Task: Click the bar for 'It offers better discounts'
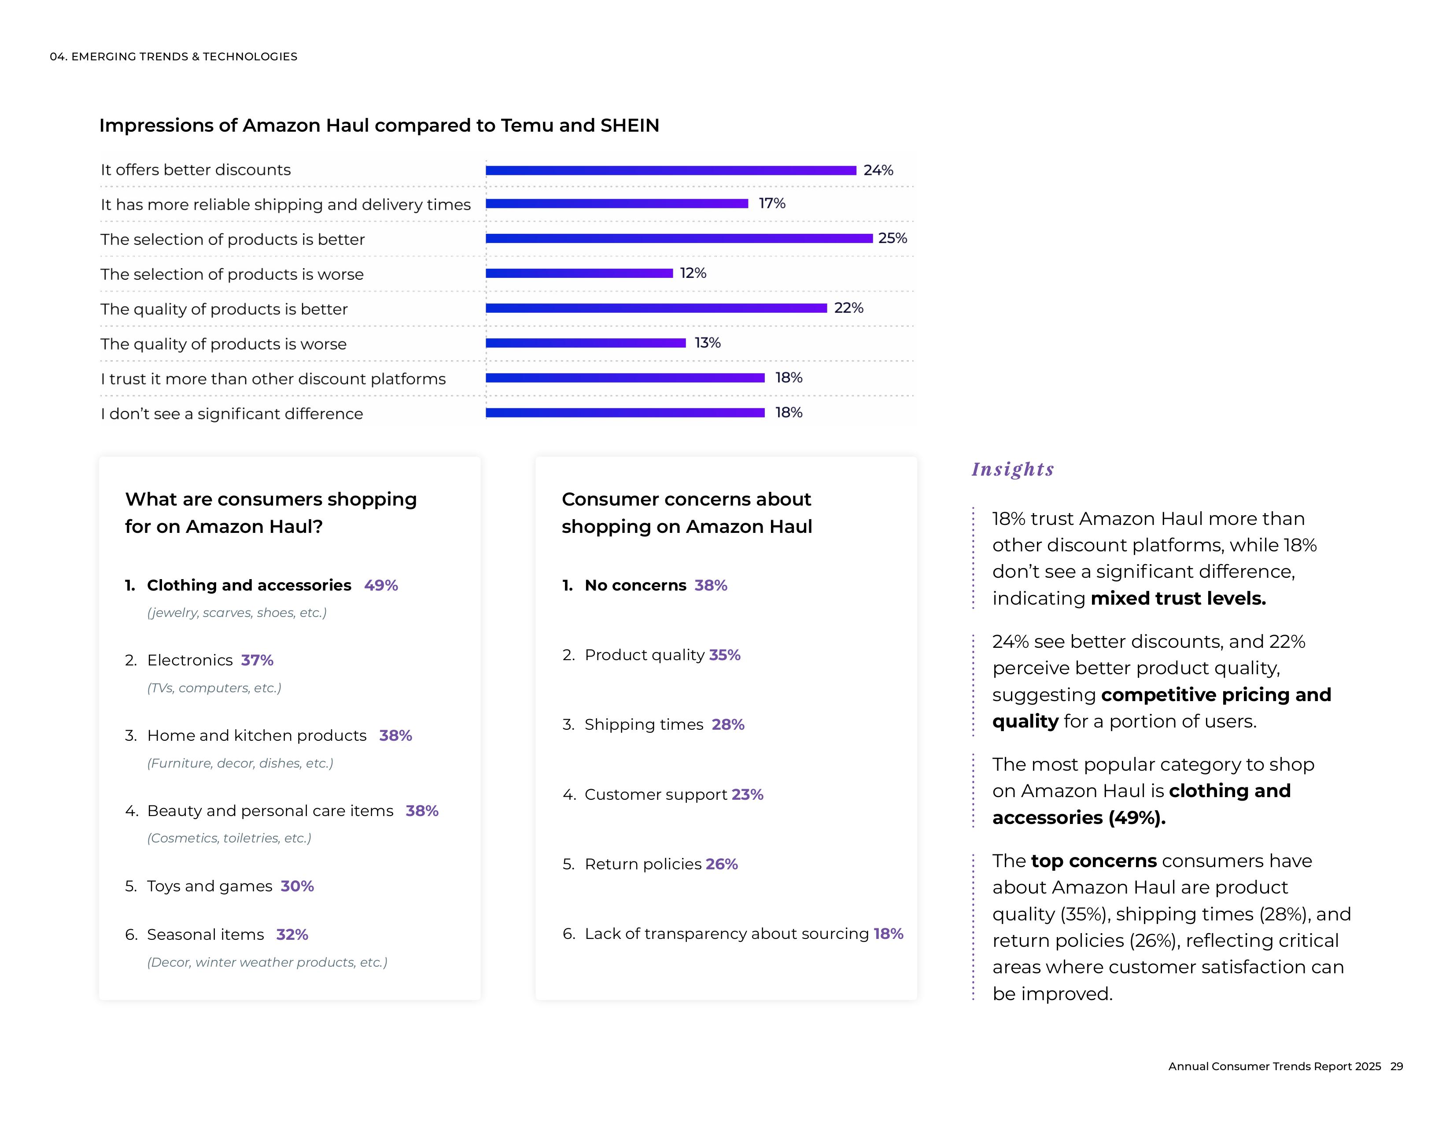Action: tap(671, 170)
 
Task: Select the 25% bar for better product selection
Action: tap(679, 238)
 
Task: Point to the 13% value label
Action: tap(707, 343)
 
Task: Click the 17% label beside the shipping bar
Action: tap(772, 203)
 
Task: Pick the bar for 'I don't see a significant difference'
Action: tap(625, 413)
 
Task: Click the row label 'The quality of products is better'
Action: tap(224, 309)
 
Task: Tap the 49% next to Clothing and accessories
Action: tap(380, 585)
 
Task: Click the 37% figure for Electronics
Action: tap(257, 660)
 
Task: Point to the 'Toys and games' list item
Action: tap(210, 886)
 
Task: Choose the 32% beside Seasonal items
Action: tap(292, 935)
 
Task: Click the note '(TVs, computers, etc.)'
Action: tap(214, 688)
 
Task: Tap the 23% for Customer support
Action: tap(747, 794)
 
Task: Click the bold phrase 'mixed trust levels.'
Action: tap(1177, 598)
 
